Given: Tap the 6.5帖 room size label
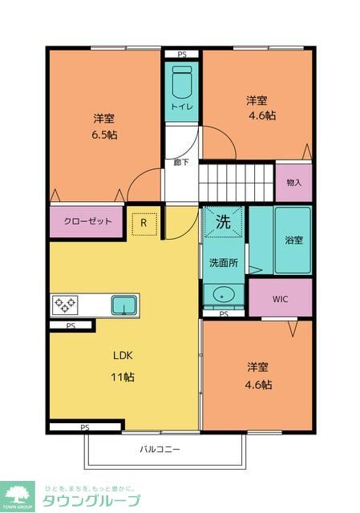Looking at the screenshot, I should click(103, 135).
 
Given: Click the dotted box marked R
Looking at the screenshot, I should click(144, 223).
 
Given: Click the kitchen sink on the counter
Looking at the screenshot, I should click(123, 305).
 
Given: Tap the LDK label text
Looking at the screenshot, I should click(123, 355).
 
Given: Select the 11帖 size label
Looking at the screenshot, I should click(123, 376).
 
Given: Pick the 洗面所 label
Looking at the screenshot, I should click(223, 263).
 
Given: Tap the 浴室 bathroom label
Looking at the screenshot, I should click(293, 240).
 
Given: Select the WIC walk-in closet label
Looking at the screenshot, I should click(280, 299).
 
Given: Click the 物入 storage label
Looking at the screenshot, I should click(294, 182).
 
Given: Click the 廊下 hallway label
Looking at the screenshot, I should click(181, 162).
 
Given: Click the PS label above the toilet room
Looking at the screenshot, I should click(181, 55).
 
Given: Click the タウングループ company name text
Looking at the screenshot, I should click(90, 501).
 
